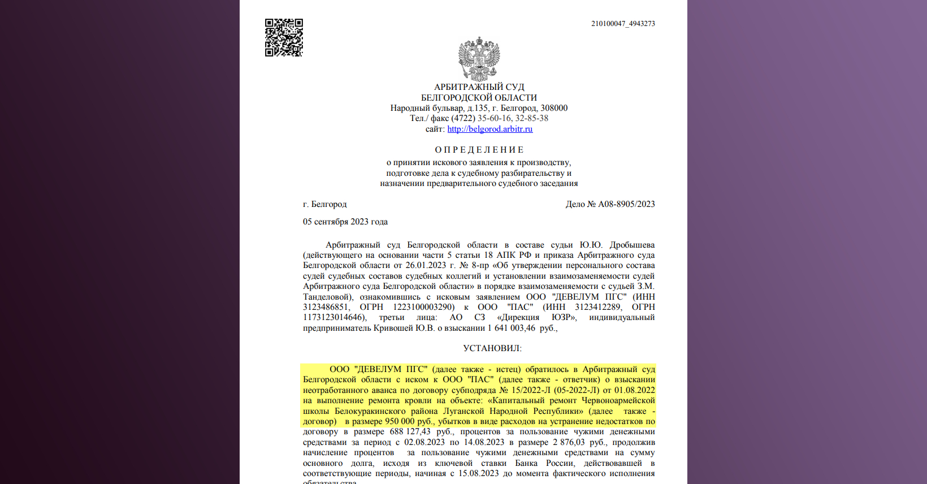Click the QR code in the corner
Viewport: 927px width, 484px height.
tap(284, 38)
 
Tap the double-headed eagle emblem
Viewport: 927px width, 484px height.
tap(479, 59)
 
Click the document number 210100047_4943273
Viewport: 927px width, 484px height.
tap(623, 24)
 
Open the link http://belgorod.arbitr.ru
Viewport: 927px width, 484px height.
tap(490, 129)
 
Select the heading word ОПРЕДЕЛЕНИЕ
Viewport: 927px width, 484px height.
tap(479, 150)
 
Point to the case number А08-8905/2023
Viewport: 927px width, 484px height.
tap(626, 204)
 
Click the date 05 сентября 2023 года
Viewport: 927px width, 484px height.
tap(345, 222)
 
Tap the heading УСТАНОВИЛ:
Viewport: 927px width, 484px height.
tap(492, 348)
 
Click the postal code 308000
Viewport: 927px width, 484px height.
tap(554, 108)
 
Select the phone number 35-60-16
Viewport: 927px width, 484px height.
tap(494, 118)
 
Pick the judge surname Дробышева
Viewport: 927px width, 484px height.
tap(632, 245)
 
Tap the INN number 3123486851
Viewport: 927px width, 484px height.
tap(326, 307)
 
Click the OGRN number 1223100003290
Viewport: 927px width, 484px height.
tap(423, 307)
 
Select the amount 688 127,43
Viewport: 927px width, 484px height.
tap(410, 431)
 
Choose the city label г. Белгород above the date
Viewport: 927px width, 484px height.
tap(324, 204)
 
